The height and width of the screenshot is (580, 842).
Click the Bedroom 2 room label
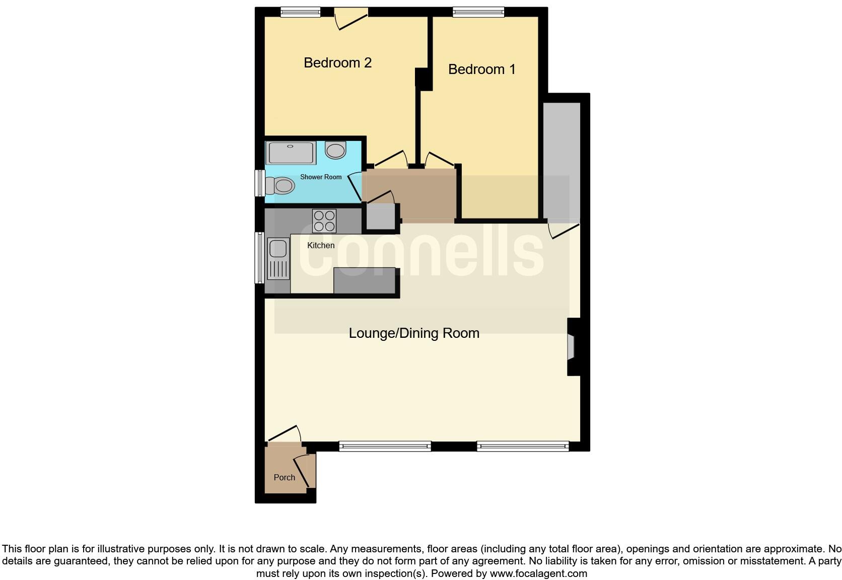click(x=337, y=63)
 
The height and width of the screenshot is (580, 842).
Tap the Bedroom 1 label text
click(x=481, y=69)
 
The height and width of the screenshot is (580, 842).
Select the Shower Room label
click(x=321, y=177)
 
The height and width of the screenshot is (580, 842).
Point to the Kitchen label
click(x=321, y=245)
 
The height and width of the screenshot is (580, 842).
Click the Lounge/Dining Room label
click(x=414, y=333)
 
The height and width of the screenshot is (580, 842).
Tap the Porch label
click(x=284, y=477)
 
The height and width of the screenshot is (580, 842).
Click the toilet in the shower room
click(x=280, y=186)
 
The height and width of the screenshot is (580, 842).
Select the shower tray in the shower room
click(x=291, y=153)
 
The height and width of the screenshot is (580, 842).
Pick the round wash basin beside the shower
click(x=335, y=150)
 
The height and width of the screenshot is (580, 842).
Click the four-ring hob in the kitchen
click(x=324, y=221)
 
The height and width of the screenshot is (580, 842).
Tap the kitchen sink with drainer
click(x=278, y=258)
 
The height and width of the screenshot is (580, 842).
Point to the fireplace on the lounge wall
click(x=572, y=346)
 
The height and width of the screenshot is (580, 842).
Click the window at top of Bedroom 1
click(x=478, y=12)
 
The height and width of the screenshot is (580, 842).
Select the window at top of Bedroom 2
click(x=300, y=12)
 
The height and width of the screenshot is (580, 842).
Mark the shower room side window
click(x=260, y=182)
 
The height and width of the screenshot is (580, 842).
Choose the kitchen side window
click(x=260, y=257)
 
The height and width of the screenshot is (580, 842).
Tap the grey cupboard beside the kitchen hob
click(x=381, y=217)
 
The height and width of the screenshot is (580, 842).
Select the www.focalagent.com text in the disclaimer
click(x=538, y=573)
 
